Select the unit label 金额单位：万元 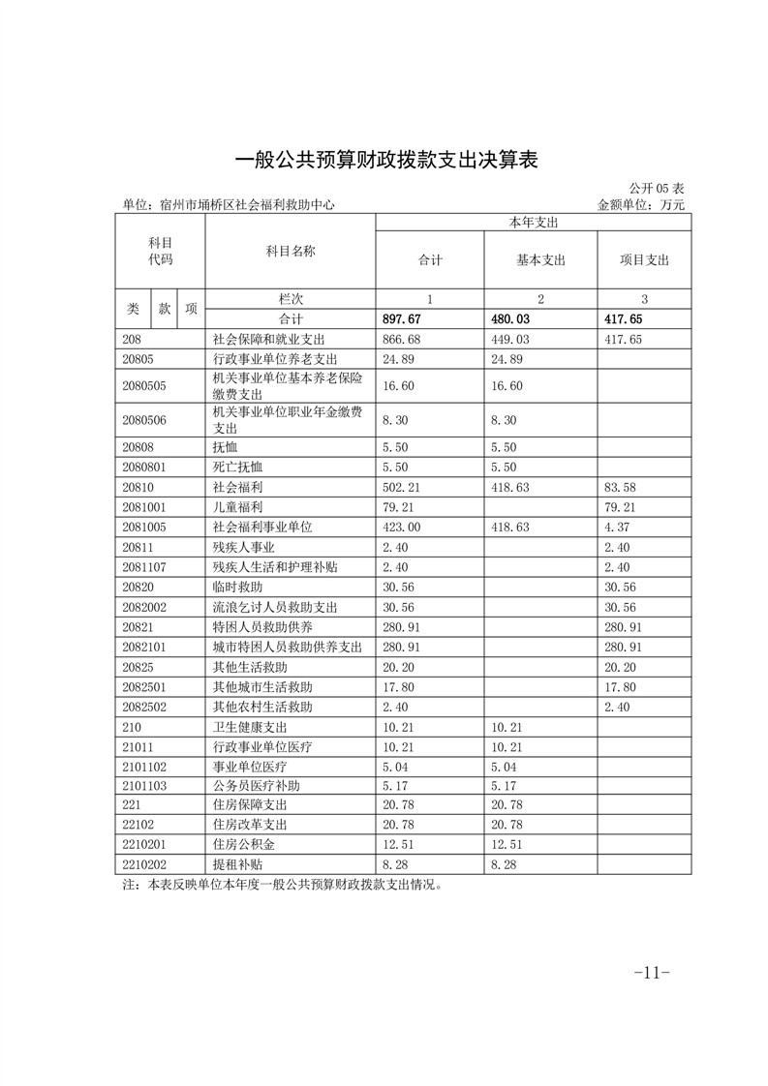641,205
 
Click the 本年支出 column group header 533,223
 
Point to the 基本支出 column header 540,260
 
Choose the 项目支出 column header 644,260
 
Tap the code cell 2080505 145,386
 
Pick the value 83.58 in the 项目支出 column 619,488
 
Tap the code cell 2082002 145,607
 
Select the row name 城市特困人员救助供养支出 287,646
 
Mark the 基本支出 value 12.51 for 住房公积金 507,844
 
